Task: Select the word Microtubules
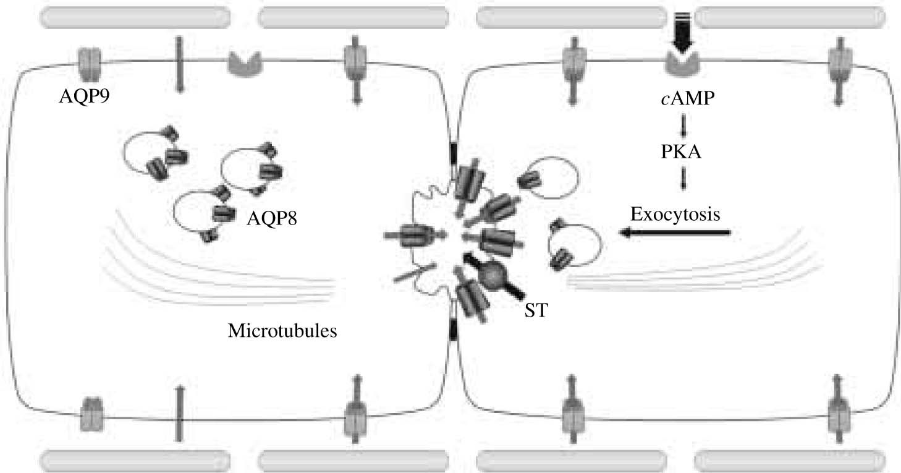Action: [282, 331]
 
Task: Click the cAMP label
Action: [683, 100]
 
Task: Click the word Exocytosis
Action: [675, 215]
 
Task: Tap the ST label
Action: [535, 310]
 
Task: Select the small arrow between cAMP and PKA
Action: [683, 126]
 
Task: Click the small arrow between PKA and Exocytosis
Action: [683, 179]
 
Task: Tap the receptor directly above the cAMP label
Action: [683, 62]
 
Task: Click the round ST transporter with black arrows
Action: [493, 276]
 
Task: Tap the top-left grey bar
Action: [134, 18]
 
